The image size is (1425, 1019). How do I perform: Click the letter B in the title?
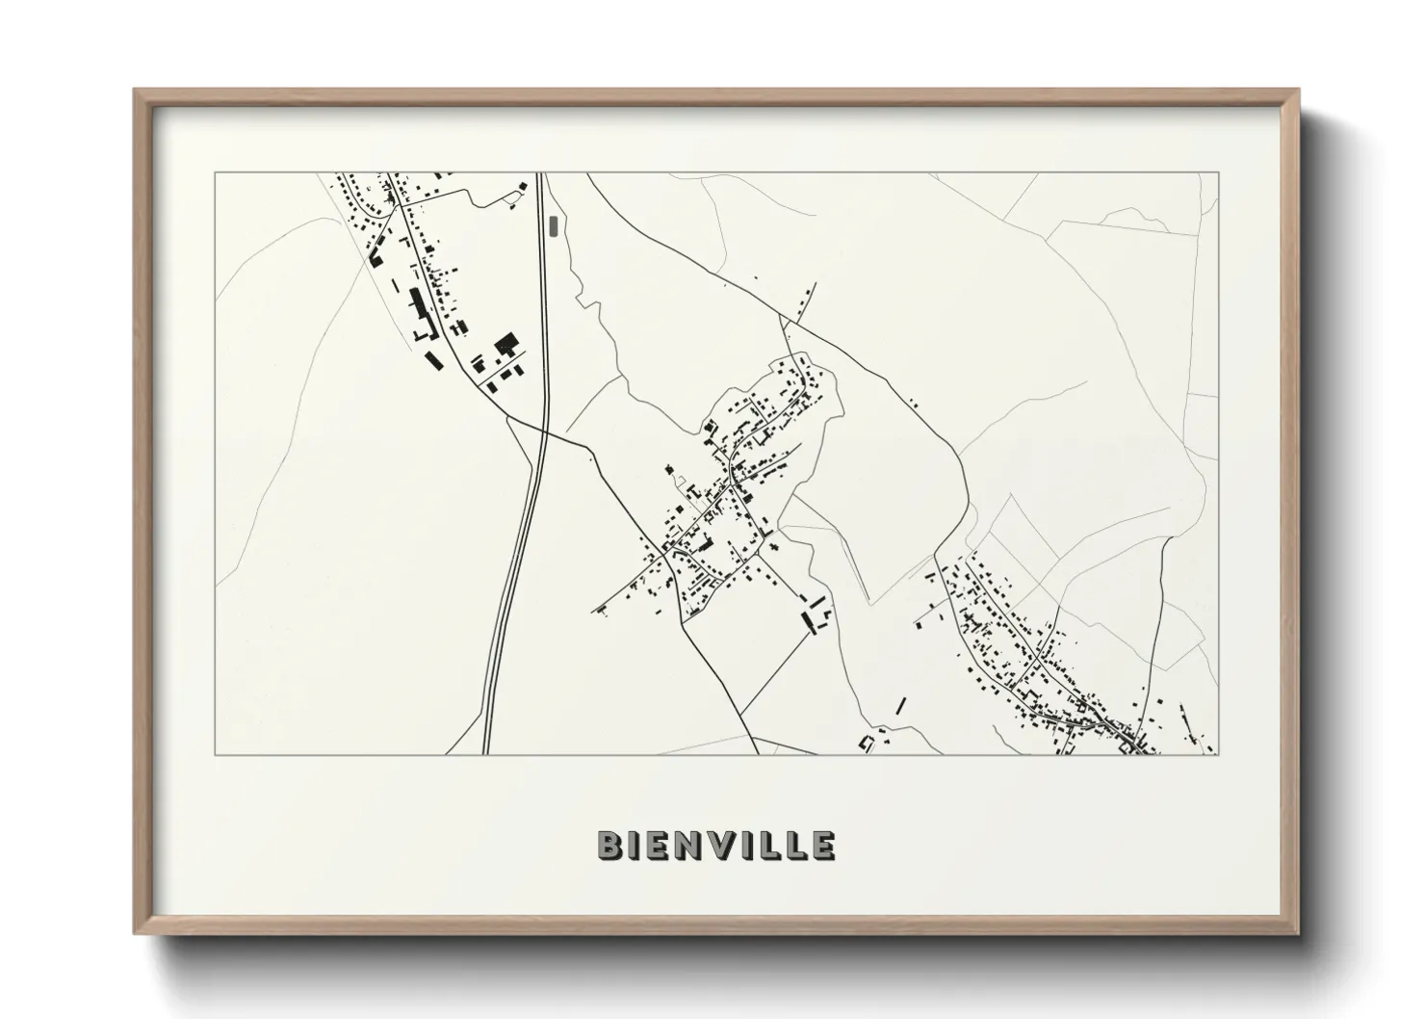(609, 845)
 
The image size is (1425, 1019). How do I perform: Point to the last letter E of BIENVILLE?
(822, 845)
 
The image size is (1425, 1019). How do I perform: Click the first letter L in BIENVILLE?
(772, 845)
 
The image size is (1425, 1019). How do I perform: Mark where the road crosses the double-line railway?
(543, 431)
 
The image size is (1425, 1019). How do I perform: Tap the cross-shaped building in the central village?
(773, 546)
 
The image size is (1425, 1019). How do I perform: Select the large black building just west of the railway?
(506, 342)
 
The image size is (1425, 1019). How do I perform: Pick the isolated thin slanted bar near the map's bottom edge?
(900, 705)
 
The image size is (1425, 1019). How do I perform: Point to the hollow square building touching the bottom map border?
(866, 743)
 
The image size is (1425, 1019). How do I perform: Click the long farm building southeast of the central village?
(808, 619)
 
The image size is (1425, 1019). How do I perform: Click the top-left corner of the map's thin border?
(215, 172)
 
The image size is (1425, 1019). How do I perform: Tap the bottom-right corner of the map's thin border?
(1218, 755)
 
